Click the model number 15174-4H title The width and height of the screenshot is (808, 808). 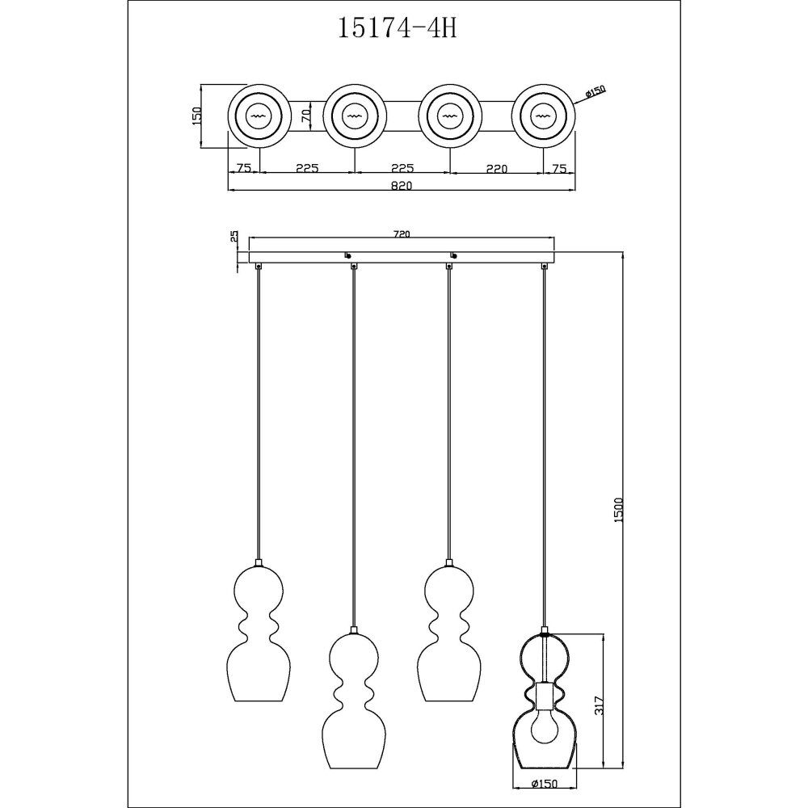pyautogui.click(x=398, y=28)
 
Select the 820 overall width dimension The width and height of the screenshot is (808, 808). pyautogui.click(x=402, y=186)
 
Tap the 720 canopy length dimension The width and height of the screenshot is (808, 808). pyautogui.click(x=402, y=234)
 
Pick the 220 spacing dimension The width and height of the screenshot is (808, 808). pyautogui.click(x=497, y=169)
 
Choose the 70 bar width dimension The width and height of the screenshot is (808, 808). pyautogui.click(x=306, y=116)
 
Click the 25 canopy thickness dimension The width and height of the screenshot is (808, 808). pyautogui.click(x=234, y=237)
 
